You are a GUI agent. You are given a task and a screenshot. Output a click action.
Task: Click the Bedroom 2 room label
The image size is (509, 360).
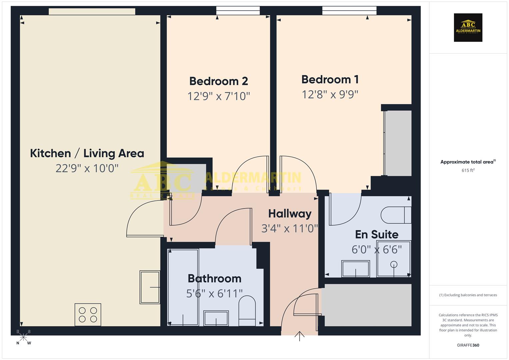(218, 81)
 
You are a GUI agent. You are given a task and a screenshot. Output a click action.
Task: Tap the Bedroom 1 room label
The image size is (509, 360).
(330, 79)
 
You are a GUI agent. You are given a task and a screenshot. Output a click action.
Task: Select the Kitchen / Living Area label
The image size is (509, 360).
(87, 153)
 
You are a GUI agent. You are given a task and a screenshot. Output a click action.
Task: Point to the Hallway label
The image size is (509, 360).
(290, 214)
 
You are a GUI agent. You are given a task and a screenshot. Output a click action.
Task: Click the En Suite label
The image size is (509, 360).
(377, 234)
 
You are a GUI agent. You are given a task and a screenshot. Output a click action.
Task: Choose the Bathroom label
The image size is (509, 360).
(214, 278)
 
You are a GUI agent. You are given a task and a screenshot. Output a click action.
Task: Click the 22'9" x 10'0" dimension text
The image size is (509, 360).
(87, 168)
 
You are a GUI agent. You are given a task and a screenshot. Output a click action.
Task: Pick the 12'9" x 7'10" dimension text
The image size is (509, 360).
(218, 96)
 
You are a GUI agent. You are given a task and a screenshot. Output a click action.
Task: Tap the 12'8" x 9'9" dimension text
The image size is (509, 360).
(330, 95)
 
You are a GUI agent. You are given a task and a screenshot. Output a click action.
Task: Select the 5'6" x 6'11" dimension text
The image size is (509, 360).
(214, 293)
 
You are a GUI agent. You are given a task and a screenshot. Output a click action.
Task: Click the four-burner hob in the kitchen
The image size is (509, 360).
(88, 315)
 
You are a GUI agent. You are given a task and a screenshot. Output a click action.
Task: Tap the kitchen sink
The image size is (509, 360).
(150, 287)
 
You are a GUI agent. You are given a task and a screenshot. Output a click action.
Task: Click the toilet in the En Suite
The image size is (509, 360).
(396, 215)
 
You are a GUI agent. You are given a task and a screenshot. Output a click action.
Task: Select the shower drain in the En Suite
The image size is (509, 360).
(394, 265)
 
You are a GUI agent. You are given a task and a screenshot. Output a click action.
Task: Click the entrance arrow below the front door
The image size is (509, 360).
(299, 336)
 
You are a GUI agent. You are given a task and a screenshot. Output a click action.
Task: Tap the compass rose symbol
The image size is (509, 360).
(23, 337)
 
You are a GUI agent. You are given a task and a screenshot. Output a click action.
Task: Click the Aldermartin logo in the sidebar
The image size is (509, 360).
(468, 27)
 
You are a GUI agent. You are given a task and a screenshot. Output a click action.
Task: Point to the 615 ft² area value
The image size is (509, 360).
(468, 170)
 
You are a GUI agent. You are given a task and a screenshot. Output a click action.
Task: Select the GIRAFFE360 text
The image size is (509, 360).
(468, 345)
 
